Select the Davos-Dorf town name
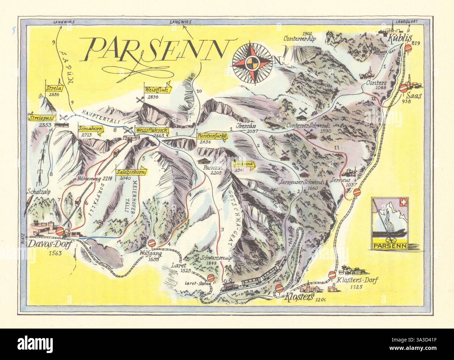tap(50, 244)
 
